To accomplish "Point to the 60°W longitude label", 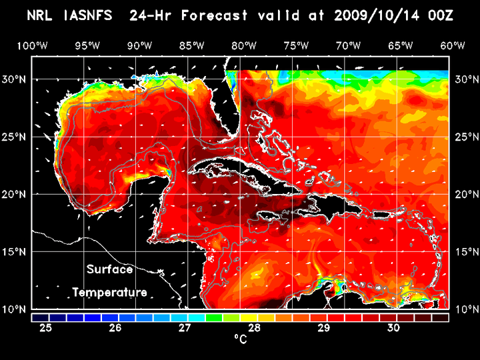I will [x=453, y=46].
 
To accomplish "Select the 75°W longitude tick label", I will [x=296, y=46].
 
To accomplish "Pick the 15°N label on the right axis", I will [x=465, y=251].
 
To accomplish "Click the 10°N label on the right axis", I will [x=465, y=309].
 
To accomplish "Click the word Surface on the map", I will [x=109, y=270].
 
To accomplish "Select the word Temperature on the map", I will [x=109, y=292].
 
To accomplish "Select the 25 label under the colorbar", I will [x=47, y=328].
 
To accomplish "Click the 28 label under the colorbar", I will [x=255, y=328].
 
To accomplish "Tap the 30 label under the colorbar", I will [x=393, y=328].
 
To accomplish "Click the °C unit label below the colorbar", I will [x=240, y=340].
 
